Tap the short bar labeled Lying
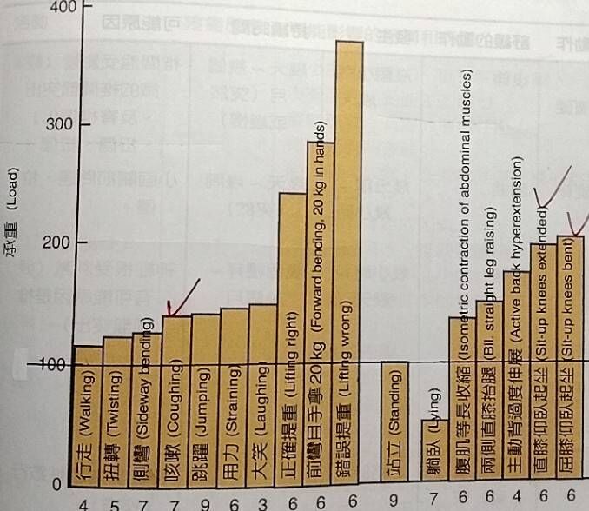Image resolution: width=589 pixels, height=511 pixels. tap(434, 452)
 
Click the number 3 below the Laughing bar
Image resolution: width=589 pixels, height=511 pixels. tap(263, 503)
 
